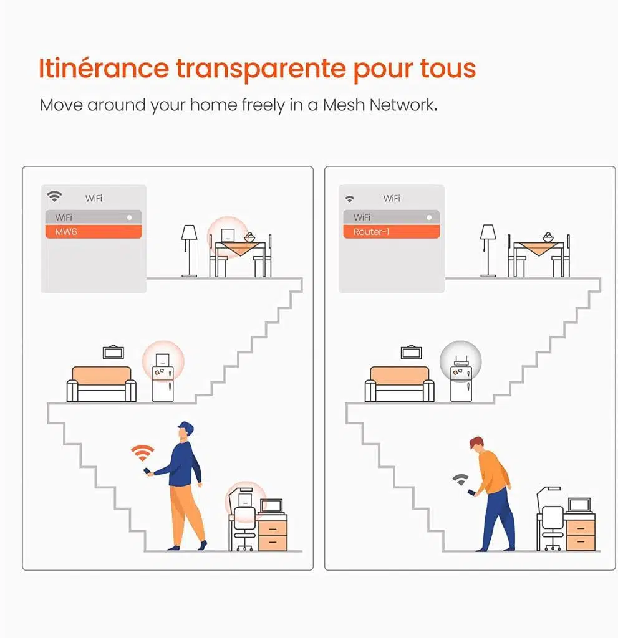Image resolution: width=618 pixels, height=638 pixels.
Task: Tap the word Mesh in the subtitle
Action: point(344,105)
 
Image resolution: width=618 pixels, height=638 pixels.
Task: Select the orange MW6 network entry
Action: point(94,232)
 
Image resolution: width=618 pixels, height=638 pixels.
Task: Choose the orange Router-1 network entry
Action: point(392,232)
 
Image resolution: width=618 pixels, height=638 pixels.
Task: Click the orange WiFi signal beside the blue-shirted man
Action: point(143,452)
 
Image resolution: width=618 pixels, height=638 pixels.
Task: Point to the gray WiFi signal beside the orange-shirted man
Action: point(460,479)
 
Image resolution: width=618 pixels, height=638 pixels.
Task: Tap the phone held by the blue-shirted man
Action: point(147,471)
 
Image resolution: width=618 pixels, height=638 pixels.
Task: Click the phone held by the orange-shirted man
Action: point(471,493)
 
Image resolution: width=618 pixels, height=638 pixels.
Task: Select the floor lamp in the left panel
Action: point(189,250)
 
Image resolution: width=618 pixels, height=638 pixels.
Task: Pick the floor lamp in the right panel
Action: point(488,250)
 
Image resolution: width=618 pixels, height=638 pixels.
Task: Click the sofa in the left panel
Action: point(102,384)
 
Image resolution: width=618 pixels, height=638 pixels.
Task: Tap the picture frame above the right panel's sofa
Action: point(412,352)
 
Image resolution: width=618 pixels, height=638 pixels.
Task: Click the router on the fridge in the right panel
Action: point(461,362)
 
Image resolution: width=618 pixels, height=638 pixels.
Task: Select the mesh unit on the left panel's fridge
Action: point(162,359)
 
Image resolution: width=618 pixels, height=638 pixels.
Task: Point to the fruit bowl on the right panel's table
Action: point(548,237)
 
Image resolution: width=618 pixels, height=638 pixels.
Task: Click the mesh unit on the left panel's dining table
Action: point(228,235)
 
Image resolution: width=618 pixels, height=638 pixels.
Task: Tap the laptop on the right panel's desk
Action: point(579,506)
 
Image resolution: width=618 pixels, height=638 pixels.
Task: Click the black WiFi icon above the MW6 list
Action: point(54,196)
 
